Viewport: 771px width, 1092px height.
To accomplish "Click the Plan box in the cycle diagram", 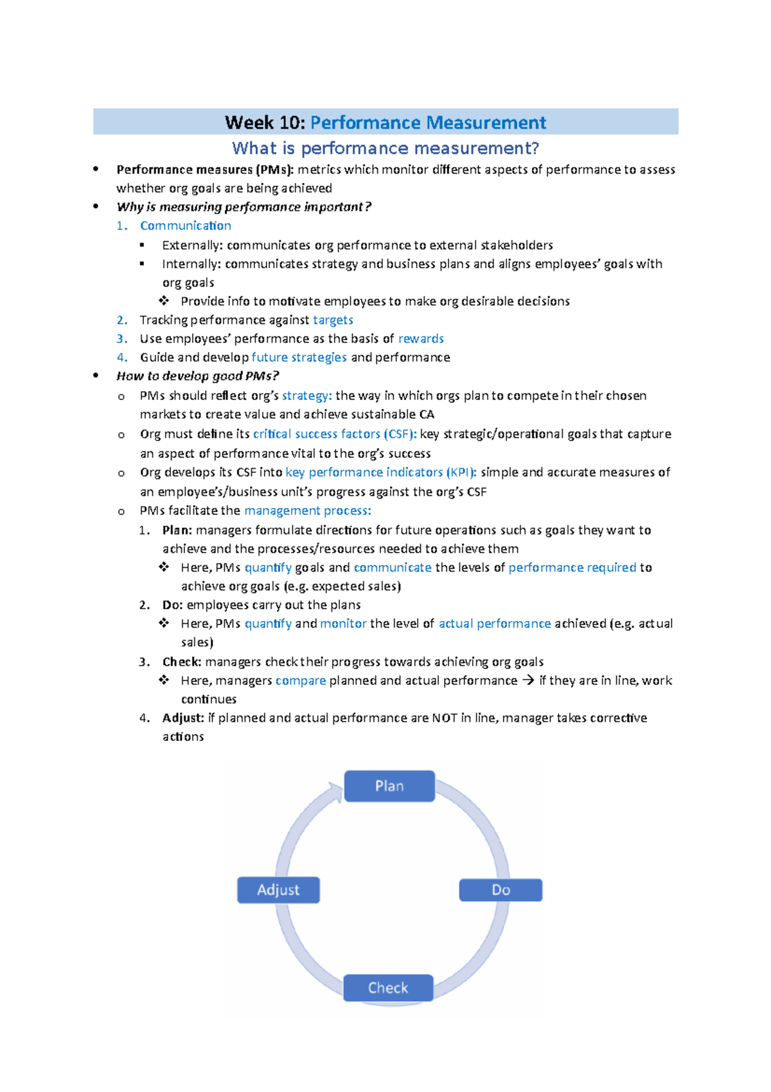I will click(x=389, y=786).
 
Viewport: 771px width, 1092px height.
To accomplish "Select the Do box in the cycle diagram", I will click(x=501, y=890).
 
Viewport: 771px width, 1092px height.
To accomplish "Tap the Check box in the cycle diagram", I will click(x=388, y=988).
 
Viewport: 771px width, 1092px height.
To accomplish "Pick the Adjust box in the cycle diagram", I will click(x=278, y=890).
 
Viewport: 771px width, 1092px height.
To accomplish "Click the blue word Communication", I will click(x=185, y=226).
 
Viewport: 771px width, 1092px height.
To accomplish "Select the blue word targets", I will click(x=333, y=320).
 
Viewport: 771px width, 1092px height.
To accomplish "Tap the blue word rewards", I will click(x=421, y=339).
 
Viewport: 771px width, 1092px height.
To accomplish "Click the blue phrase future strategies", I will click(x=299, y=358).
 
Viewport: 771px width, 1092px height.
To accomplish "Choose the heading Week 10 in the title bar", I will click(x=265, y=122).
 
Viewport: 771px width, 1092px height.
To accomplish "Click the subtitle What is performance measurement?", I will click(x=385, y=149).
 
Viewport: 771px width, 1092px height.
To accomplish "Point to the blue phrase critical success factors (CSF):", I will click(x=335, y=434).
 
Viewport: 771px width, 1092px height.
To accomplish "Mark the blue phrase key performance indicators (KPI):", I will click(x=381, y=473).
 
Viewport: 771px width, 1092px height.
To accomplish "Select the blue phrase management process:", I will click(x=307, y=511).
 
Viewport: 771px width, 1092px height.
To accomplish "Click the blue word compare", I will click(x=301, y=680).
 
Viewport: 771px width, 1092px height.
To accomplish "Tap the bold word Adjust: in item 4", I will click(x=183, y=718).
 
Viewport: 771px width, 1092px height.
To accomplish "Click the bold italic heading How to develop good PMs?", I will click(x=197, y=376).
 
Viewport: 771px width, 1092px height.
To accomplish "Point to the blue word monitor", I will click(x=343, y=624).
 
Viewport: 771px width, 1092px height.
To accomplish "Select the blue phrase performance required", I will click(x=572, y=568).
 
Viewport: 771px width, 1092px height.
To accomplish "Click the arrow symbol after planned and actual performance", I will click(x=528, y=680).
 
